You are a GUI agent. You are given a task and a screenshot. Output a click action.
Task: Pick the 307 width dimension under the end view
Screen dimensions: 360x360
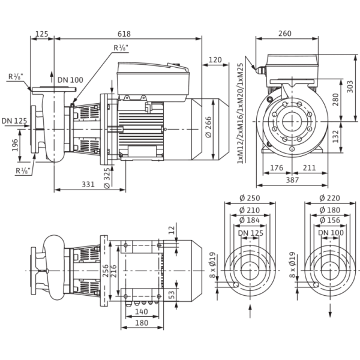point(292,179)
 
